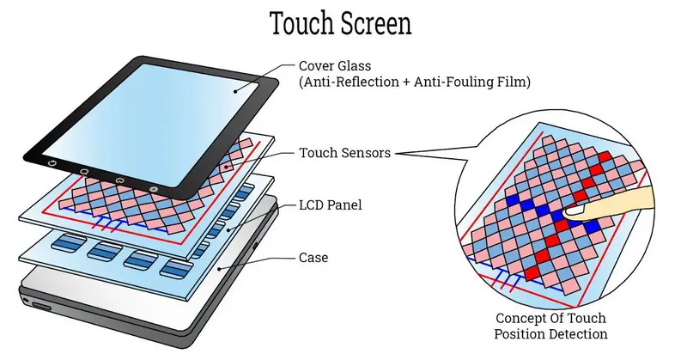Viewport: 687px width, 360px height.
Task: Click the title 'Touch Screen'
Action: click(x=340, y=23)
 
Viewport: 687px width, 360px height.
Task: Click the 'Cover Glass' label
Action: click(x=335, y=66)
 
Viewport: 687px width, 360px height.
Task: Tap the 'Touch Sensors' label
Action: click(x=344, y=153)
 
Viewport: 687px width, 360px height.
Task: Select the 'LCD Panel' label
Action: click(x=331, y=205)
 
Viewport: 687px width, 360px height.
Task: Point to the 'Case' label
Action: click(x=313, y=258)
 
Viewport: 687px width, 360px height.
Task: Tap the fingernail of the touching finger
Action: click(x=575, y=212)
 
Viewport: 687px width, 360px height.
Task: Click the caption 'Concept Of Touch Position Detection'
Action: click(x=550, y=326)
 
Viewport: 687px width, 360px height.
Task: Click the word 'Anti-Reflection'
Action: click(x=349, y=82)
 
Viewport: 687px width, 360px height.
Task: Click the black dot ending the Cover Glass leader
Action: click(x=235, y=91)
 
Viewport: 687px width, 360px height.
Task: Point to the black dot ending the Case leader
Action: click(x=219, y=268)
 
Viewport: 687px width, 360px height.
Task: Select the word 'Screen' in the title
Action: click(x=376, y=24)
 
